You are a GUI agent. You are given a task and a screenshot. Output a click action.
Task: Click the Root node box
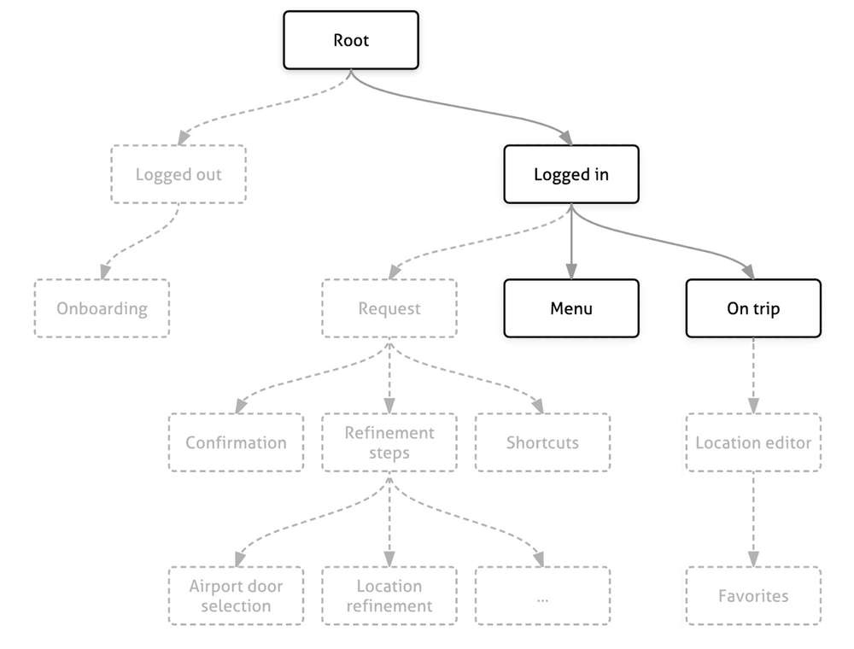351,40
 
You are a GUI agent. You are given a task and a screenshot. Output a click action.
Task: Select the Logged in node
571,174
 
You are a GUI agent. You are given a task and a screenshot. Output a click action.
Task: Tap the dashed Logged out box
178,174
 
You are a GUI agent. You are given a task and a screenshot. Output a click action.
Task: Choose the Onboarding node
102,308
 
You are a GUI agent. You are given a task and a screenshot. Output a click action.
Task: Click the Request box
389,308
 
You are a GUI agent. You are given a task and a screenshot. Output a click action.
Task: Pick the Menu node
571,308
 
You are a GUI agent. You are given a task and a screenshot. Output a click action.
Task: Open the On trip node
753,308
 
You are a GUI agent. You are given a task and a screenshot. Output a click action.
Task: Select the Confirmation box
236,442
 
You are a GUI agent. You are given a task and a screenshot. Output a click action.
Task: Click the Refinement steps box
389,442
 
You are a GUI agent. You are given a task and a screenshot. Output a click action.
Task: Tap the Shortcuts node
542,442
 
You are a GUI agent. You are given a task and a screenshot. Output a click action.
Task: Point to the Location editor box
753,442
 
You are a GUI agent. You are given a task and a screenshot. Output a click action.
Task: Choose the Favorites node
753,595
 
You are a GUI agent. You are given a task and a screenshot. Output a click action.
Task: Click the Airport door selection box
236,595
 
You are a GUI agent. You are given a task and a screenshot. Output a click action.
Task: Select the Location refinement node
389,595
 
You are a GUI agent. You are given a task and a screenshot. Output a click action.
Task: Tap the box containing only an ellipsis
542,595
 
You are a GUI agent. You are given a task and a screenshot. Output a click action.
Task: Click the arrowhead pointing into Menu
571,272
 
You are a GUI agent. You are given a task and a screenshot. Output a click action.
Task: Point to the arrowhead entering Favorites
753,559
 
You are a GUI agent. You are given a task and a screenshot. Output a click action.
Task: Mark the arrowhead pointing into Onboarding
103,272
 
